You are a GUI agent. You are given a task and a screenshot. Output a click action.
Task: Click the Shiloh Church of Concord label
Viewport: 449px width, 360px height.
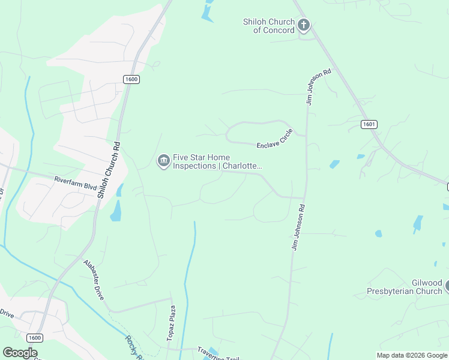268,26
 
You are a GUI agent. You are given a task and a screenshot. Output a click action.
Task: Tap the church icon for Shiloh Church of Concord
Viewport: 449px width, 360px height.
304,25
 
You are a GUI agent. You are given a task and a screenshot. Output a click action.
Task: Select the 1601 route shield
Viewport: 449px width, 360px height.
369,124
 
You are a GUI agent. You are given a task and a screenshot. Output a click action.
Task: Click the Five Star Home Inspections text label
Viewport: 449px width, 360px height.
217,162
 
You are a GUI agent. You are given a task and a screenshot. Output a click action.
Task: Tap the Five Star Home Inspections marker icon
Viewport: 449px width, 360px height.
163,161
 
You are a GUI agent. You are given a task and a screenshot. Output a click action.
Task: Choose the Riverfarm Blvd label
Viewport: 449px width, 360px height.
76,183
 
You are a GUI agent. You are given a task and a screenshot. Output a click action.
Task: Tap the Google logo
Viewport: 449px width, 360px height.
20,352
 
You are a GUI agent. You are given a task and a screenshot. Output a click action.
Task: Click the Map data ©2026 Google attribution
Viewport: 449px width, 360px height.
412,355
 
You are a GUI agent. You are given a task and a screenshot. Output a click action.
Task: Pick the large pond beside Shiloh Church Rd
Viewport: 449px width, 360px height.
115,211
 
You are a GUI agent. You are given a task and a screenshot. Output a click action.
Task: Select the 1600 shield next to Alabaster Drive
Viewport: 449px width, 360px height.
35,338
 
